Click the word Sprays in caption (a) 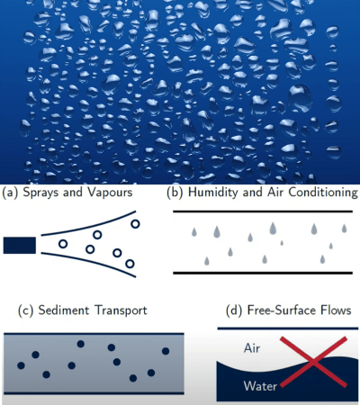(40, 193)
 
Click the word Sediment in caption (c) (64, 310)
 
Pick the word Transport (121, 310)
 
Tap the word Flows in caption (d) (336, 310)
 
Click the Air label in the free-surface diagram (252, 348)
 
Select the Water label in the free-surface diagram (260, 386)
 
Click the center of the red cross (313, 362)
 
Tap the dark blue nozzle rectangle (20, 245)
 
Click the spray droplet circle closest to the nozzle (63, 244)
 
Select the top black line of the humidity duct (263, 211)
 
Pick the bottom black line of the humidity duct (263, 273)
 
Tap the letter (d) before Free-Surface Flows (234, 310)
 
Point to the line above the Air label (288, 328)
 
